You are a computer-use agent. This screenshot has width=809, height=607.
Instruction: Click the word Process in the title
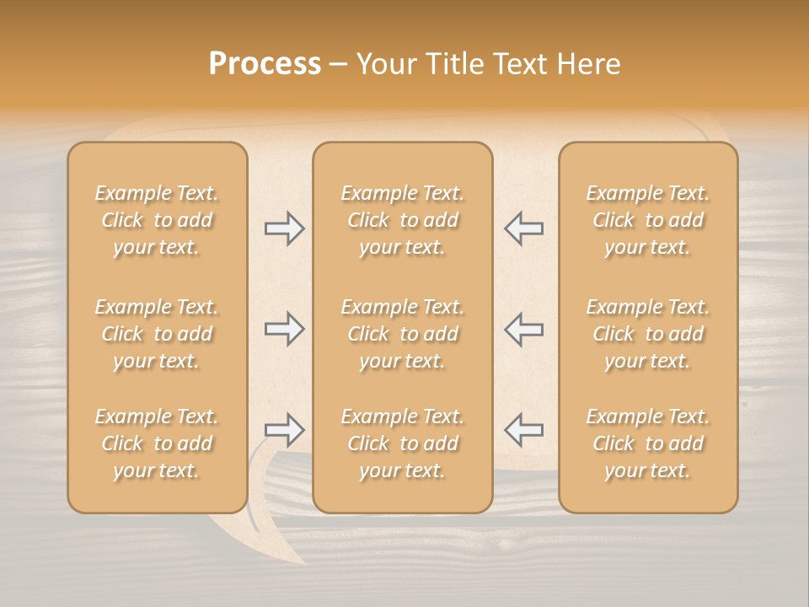click(x=265, y=64)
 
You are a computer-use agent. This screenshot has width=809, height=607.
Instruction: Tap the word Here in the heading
click(x=589, y=64)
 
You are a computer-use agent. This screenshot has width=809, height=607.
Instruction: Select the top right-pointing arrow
click(x=284, y=228)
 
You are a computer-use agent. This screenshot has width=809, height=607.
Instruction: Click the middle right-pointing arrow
click(x=284, y=329)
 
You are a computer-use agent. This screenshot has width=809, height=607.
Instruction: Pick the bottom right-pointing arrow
click(x=284, y=429)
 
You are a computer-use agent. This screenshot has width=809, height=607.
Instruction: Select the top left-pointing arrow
click(x=523, y=228)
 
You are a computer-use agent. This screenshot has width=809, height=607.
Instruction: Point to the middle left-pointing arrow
click(x=523, y=329)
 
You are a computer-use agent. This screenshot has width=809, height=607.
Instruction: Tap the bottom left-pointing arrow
click(x=523, y=429)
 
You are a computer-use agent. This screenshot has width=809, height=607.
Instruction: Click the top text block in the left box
click(x=157, y=220)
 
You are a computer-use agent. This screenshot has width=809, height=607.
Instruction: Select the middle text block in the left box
click(x=157, y=334)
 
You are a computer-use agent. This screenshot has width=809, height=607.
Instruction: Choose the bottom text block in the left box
click(x=157, y=443)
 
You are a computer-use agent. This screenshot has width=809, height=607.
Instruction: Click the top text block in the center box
click(x=402, y=220)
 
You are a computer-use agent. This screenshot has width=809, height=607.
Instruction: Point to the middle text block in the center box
click(x=402, y=334)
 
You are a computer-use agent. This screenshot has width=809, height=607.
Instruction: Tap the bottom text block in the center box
click(x=402, y=443)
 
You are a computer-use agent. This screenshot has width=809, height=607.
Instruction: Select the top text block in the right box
click(x=647, y=220)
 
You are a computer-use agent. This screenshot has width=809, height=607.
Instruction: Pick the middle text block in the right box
click(x=647, y=334)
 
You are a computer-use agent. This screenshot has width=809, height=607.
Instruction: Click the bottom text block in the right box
click(x=647, y=443)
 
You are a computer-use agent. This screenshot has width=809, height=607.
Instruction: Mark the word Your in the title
click(x=384, y=64)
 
